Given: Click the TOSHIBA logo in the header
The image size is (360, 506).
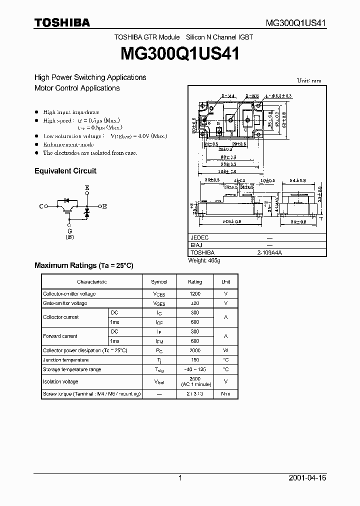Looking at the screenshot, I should click(62, 22).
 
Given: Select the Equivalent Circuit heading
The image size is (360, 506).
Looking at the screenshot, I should click(65, 171).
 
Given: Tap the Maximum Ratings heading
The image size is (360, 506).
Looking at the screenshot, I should click(83, 265).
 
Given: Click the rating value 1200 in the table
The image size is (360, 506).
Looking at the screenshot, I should click(195, 294).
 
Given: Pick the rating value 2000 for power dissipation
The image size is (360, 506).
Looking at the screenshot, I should click(195, 350).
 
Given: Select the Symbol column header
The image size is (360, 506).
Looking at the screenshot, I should click(160, 282).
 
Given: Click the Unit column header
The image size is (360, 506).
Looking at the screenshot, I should click(226, 282).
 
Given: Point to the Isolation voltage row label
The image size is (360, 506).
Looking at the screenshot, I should click(60, 381).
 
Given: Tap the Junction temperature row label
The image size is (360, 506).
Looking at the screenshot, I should click(65, 360).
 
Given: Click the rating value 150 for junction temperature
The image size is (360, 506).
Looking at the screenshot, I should click(195, 360).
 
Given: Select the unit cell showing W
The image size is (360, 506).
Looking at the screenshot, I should click(226, 350).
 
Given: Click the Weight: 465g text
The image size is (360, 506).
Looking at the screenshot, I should click(204, 260).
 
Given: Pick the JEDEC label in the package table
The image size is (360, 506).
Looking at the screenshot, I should click(199, 238).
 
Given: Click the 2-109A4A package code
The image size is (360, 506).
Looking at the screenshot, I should click(269, 253).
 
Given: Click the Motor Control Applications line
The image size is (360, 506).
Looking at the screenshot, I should click(77, 88).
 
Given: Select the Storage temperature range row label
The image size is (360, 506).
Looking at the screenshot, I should click(72, 369).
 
